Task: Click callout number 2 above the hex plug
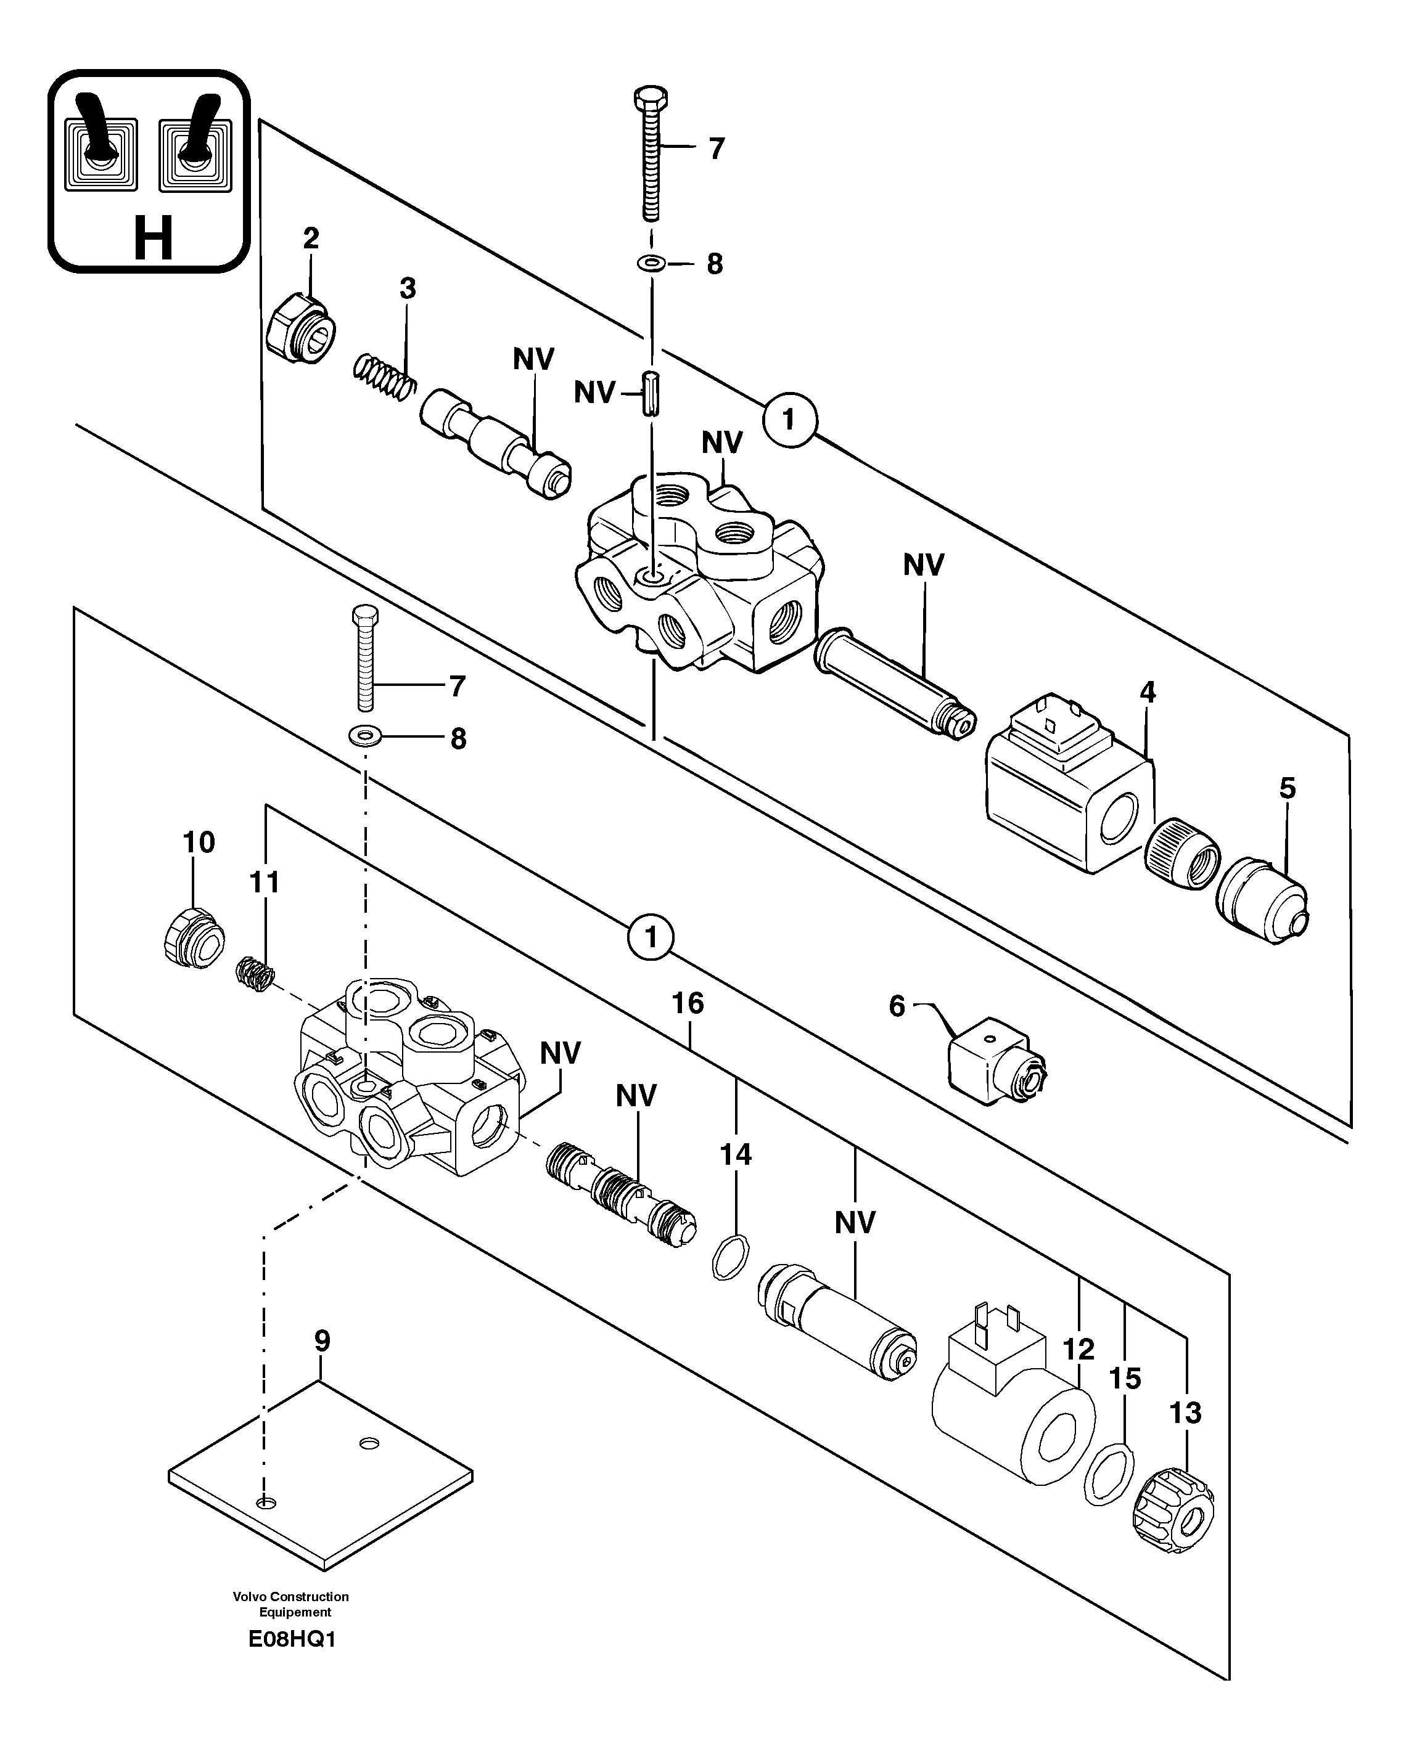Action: (311, 239)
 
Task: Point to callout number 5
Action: (1287, 788)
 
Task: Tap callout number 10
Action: (199, 842)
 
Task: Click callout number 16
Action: (688, 1004)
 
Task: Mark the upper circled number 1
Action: (789, 419)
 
